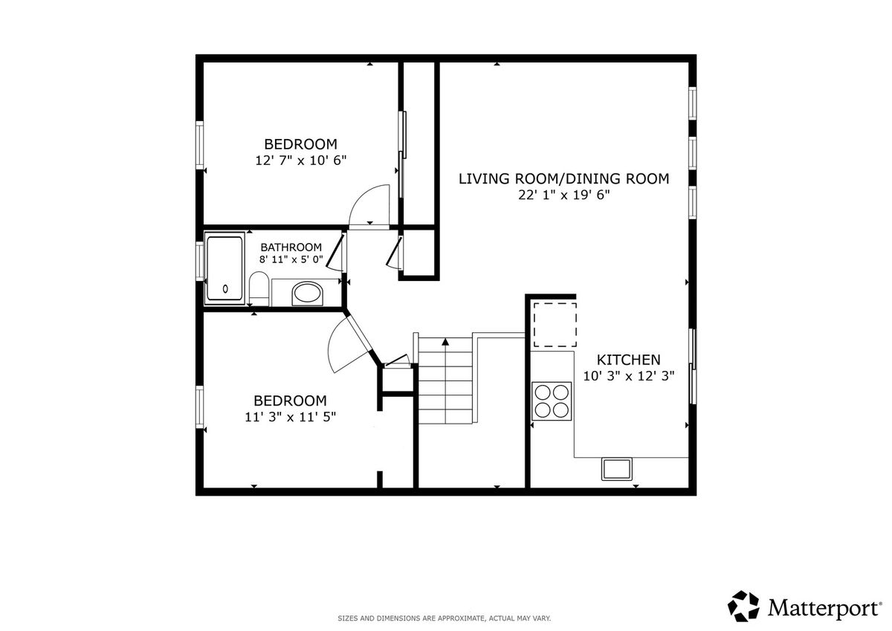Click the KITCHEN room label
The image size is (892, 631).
[628, 360]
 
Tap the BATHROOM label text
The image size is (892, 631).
[291, 247]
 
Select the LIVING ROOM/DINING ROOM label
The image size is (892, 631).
[564, 179]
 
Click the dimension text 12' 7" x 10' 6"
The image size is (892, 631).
[300, 161]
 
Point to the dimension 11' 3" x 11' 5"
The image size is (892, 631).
[291, 417]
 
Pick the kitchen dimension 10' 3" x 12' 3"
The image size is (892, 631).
[629, 376]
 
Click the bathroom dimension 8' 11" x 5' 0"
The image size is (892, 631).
[291, 259]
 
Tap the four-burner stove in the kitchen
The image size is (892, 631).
[552, 401]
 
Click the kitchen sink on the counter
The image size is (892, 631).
[616, 469]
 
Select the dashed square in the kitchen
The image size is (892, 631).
[555, 325]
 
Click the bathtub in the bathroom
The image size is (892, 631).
[225, 268]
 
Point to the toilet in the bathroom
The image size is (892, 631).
[259, 288]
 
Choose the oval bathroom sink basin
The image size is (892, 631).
[307, 294]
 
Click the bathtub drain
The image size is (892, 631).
[225, 289]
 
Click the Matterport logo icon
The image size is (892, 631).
[743, 606]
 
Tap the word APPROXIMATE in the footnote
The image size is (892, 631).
[461, 618]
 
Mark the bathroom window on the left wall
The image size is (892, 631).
[199, 261]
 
